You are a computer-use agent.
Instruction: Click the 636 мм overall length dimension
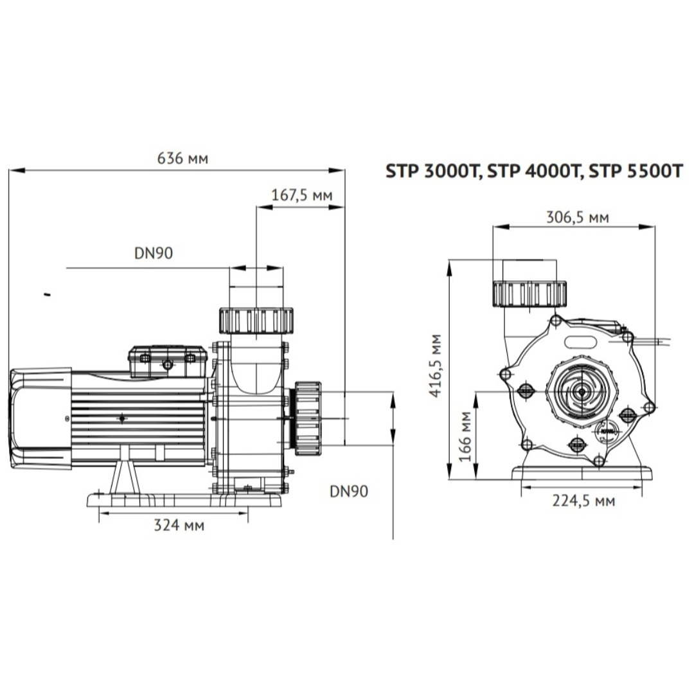pos(182,159)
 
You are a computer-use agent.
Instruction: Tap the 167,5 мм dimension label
pos(301,195)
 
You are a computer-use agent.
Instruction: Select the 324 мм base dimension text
pos(179,526)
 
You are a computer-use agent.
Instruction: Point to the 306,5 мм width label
pos(578,217)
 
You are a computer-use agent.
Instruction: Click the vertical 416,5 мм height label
pos(436,366)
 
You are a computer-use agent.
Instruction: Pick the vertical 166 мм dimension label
pos(465,436)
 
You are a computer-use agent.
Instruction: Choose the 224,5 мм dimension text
pos(583,501)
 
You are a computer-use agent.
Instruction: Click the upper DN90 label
pos(154,253)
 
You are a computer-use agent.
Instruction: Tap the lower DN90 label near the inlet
pos(349,492)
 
